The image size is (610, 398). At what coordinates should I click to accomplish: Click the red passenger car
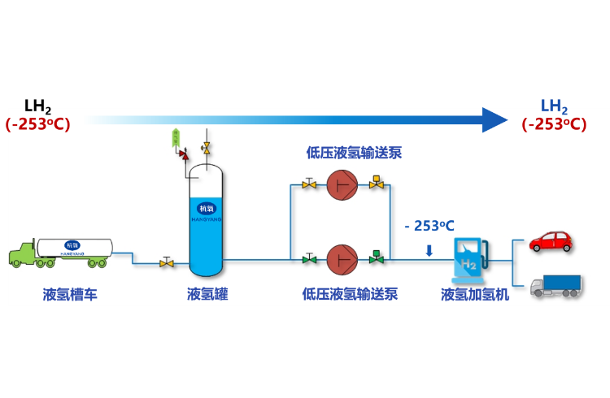[x=551, y=240]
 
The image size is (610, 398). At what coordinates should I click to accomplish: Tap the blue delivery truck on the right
[x=556, y=285]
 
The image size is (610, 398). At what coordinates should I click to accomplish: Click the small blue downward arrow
[x=429, y=250]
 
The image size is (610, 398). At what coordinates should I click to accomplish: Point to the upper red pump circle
[x=342, y=185]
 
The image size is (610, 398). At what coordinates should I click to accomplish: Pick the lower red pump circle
[x=342, y=260]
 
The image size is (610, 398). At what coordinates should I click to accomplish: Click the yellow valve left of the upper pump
[x=309, y=184]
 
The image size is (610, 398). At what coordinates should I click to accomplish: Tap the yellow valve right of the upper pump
[x=376, y=184]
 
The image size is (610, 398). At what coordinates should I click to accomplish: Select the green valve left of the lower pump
[x=309, y=259]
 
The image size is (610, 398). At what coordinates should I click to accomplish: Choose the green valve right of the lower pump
[x=376, y=258]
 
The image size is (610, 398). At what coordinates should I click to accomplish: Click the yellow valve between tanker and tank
[x=167, y=262]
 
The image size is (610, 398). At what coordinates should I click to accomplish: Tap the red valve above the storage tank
[x=184, y=154]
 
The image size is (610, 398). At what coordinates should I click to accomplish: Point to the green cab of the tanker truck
[x=23, y=254]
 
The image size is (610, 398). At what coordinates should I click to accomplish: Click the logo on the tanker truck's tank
[x=72, y=245]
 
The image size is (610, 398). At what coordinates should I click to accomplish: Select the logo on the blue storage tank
[x=207, y=209]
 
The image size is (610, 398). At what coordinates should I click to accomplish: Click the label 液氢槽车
[x=70, y=295]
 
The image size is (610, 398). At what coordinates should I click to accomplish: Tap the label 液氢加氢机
[x=475, y=295]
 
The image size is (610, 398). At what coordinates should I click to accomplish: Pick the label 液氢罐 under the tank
[x=207, y=295]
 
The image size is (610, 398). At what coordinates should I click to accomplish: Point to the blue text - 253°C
[x=429, y=227]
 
